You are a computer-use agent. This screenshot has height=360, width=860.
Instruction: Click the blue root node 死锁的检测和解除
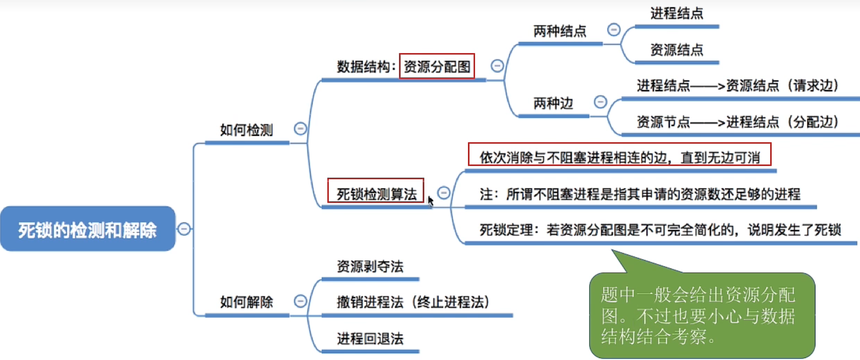pos(88,229)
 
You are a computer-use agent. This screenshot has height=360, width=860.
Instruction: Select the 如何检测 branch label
pos(246,130)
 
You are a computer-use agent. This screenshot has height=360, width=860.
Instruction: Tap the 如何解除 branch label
pos(246,302)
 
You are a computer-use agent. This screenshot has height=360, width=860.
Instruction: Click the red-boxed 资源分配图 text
pos(437,66)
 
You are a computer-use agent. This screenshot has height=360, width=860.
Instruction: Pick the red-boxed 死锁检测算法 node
pos(376,193)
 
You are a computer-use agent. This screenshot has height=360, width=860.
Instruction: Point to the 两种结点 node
pos(560,32)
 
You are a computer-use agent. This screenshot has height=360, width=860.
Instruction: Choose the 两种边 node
pos(553,103)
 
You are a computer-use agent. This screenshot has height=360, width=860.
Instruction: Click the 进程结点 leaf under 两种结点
pos(677,13)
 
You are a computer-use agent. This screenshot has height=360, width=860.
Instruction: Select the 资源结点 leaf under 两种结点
pos(677,50)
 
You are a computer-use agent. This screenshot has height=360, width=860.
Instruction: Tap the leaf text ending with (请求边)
pos(737,86)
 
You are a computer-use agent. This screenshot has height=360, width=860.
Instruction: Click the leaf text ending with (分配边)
pos(737,122)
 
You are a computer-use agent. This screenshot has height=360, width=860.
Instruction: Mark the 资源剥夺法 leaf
pos(370,267)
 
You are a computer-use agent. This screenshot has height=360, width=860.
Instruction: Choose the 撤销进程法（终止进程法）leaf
pos(413,302)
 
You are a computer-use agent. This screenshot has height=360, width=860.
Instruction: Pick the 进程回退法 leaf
pos(370,339)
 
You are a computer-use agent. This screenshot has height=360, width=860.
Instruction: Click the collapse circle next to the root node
pos(184,229)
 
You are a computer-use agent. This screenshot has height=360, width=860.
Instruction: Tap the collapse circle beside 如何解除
pos(300,301)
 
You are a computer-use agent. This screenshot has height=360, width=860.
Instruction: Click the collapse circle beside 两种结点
pos(614,30)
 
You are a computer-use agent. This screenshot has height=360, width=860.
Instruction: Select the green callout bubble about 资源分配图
pos(701,315)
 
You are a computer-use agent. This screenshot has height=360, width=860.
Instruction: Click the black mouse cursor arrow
pos(430,201)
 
